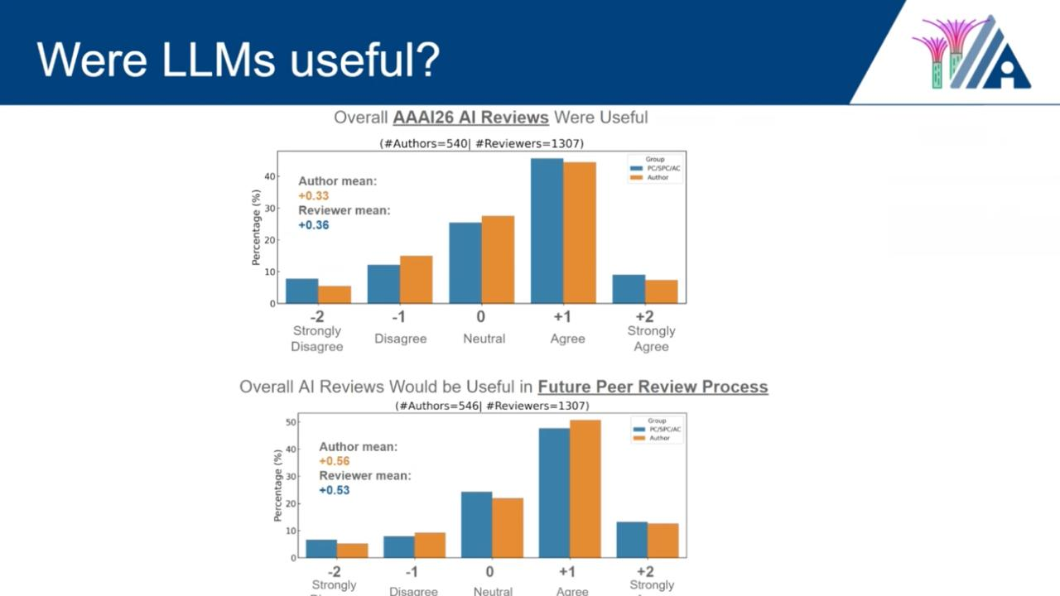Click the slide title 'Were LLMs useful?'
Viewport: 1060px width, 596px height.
238,59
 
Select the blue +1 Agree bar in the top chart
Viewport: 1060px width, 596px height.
547,231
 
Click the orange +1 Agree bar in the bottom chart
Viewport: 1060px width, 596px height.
585,488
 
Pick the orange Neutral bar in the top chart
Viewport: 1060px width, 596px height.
498,259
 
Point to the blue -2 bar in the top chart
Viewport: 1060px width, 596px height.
301,291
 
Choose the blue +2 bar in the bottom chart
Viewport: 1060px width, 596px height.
632,540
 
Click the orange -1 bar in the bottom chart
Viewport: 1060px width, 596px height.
430,545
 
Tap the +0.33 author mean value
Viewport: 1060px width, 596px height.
314,195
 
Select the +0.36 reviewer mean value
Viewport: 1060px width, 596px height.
314,225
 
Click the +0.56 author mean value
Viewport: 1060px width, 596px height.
335,461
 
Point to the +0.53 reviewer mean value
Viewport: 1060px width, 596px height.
335,490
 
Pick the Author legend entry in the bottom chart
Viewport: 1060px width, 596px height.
659,438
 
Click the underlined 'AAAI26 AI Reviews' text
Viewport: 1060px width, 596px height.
470,118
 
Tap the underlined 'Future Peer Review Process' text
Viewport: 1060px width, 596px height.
653,387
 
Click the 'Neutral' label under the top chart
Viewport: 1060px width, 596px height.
484,339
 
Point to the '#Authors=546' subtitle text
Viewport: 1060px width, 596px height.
438,406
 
